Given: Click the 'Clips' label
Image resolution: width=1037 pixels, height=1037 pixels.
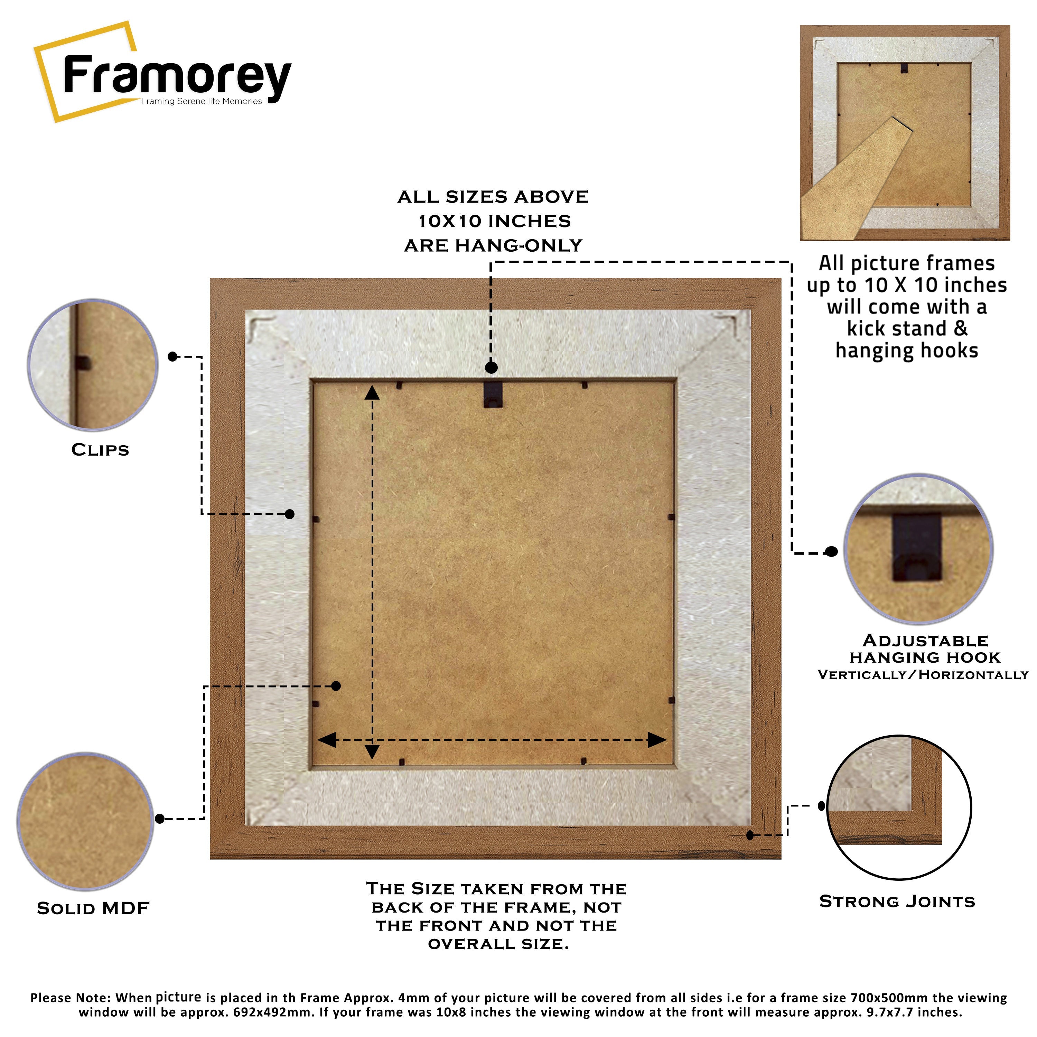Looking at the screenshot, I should [100, 450].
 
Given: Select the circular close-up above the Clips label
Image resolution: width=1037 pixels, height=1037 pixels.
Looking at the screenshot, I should [93, 365].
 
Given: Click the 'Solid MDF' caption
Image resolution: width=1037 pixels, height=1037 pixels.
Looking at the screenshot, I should [93, 908].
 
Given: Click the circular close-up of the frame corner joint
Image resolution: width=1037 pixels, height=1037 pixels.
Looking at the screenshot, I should [899, 807].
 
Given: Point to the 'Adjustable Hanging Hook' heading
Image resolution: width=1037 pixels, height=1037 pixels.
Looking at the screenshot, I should [925, 648].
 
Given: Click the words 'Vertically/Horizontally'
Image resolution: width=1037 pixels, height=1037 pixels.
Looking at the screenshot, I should [923, 675].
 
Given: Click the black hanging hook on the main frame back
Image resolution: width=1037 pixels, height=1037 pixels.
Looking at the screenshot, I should [493, 394].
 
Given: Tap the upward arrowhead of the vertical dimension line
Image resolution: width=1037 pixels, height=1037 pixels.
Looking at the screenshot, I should [372, 393].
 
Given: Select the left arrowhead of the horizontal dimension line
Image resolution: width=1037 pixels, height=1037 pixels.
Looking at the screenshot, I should [327, 740].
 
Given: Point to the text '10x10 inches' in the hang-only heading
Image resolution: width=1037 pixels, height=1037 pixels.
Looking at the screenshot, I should [494, 221].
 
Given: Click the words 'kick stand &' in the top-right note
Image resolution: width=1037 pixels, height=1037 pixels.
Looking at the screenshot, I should [907, 328].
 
